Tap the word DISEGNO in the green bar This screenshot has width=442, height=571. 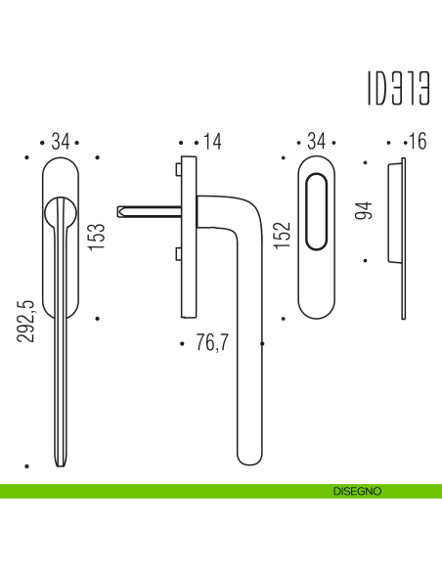coord(355,490)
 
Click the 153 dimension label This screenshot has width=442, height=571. coord(98,237)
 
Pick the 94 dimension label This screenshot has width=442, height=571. coord(364,210)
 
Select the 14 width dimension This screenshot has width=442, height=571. coord(213,143)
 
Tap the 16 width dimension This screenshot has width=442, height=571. coord(418,143)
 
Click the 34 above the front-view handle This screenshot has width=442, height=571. coord(61,143)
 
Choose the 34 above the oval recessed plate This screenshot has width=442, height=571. coord(316,143)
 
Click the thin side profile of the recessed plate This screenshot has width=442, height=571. coord(403,240)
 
